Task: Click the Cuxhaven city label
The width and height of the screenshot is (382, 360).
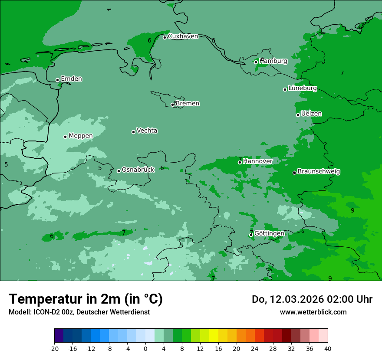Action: [183, 36]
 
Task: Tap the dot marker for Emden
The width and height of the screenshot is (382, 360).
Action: [57, 80]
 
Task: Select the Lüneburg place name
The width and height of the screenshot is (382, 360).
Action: [302, 88]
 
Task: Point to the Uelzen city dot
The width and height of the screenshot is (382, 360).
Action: [298, 115]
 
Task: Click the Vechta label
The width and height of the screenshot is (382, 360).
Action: [147, 131]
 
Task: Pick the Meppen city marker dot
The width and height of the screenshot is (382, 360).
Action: [65, 137]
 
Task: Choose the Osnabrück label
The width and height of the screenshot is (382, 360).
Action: [138, 170]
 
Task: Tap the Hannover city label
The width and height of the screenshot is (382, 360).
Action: [257, 161]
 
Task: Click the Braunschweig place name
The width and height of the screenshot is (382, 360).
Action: [319, 172]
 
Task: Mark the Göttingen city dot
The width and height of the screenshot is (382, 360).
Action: [251, 235]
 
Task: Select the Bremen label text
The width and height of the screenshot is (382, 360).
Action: [187, 104]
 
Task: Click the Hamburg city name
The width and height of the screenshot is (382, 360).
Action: [273, 61]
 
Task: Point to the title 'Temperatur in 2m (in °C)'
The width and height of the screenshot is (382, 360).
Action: [86, 299]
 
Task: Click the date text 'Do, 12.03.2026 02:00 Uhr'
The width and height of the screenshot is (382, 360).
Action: [312, 299]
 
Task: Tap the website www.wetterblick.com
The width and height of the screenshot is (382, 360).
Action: [313, 312]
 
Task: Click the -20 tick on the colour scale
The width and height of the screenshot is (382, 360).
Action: [54, 348]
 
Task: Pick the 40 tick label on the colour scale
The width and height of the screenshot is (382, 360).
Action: [328, 348]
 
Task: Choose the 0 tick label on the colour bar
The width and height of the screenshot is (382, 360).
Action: [145, 348]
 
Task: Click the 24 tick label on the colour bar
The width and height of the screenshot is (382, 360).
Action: [255, 348]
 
